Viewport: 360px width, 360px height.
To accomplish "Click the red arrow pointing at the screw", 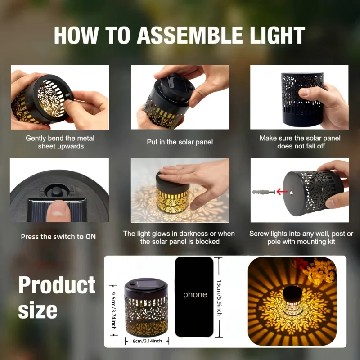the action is (x=282, y=191).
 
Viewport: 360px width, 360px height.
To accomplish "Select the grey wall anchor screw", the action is (x=264, y=192).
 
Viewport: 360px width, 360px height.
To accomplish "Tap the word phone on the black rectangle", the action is (x=195, y=295).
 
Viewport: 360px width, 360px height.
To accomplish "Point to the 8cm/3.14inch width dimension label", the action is (x=147, y=341).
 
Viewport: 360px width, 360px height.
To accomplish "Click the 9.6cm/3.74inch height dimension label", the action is (x=113, y=310).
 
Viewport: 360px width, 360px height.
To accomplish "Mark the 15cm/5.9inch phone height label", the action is (x=219, y=297).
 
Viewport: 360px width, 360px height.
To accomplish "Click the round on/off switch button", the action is (x=56, y=191).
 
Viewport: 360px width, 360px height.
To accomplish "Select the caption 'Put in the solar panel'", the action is (x=180, y=142).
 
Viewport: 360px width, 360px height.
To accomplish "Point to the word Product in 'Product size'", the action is (x=57, y=285).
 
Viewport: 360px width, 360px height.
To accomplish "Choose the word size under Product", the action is (x=38, y=310).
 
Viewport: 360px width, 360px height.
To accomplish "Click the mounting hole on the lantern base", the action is (x=292, y=191).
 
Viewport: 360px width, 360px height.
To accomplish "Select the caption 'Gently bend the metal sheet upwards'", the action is (x=60, y=142).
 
